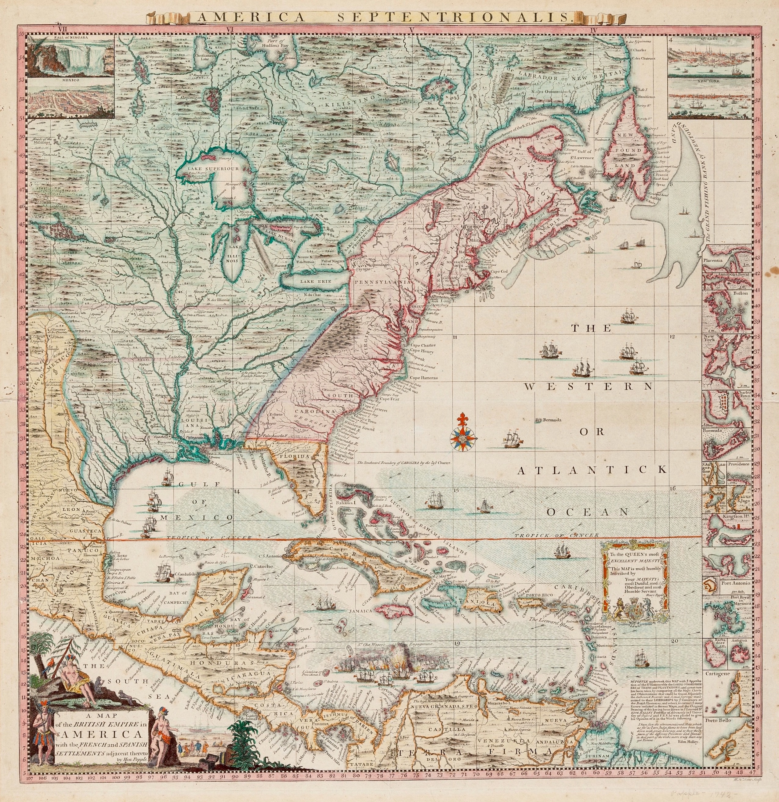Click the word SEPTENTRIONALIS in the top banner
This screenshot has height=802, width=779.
click(x=454, y=17)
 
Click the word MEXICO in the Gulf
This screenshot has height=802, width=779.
click(x=197, y=518)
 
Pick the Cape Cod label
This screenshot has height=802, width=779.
click(x=498, y=271)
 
